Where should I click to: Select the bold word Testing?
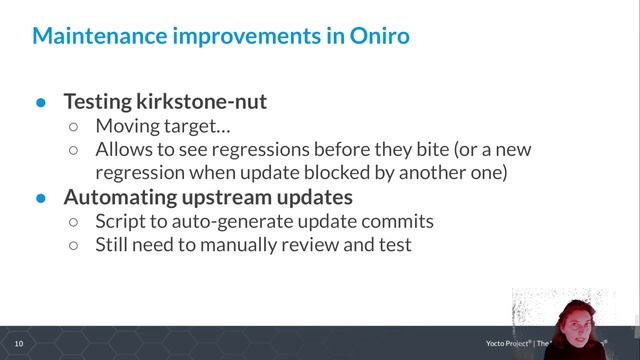98,102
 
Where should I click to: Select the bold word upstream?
224,197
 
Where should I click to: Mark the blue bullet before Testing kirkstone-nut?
41,103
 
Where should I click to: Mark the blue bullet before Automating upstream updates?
41,198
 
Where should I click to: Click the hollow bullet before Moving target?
74,127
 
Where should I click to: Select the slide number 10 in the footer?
18,344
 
